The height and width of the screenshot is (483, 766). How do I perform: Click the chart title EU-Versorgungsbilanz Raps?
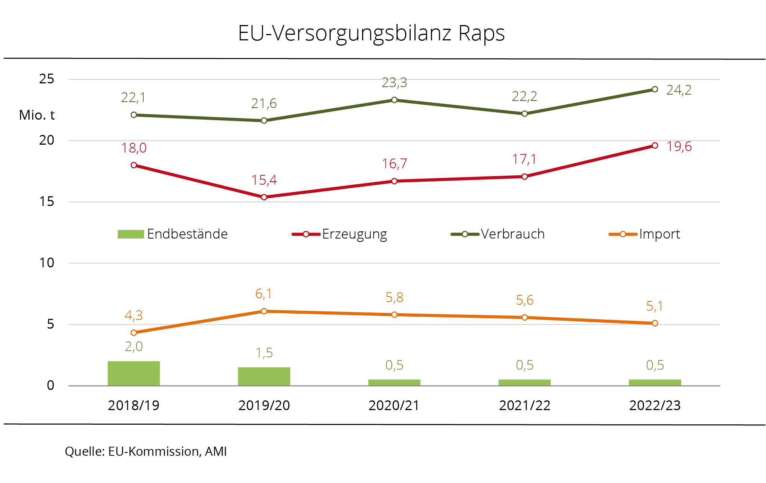371,33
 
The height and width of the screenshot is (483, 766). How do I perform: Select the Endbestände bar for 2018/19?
134,373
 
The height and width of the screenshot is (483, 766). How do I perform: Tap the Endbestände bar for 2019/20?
264,376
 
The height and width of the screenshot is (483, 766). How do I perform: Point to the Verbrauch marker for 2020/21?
394,100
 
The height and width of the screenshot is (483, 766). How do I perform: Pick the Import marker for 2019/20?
264,311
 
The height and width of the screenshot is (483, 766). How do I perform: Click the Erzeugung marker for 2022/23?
655,145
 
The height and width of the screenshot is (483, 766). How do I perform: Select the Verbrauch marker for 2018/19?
134,115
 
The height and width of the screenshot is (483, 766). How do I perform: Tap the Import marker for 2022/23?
655,323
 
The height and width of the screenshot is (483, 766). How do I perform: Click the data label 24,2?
679,90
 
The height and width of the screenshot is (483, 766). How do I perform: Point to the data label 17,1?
524,160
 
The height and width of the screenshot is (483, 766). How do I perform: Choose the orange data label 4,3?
134,316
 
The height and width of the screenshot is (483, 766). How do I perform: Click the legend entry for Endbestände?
173,234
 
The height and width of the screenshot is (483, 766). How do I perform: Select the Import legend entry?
644,234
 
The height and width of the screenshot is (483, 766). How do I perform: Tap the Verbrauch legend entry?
498,234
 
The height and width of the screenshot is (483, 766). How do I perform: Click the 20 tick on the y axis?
47,141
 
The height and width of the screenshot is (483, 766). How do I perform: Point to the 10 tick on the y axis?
47,263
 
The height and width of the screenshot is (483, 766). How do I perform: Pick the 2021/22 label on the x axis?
524,406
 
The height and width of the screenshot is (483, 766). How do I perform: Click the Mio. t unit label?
37,115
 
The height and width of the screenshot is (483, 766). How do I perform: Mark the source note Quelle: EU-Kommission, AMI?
146,452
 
